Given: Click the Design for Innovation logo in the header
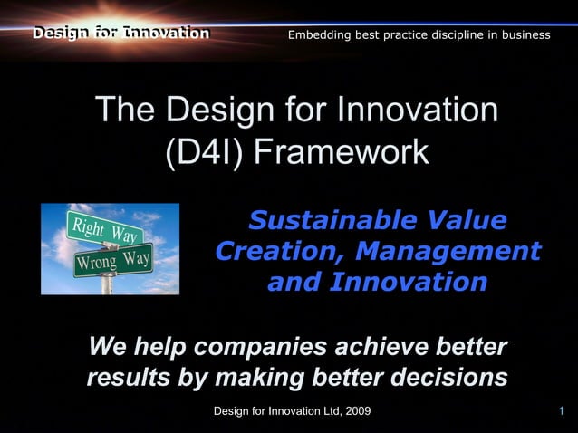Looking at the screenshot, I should click(x=120, y=34).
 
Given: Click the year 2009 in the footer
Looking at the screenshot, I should click(x=356, y=413).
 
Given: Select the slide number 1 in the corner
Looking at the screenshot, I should click(x=562, y=413).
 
